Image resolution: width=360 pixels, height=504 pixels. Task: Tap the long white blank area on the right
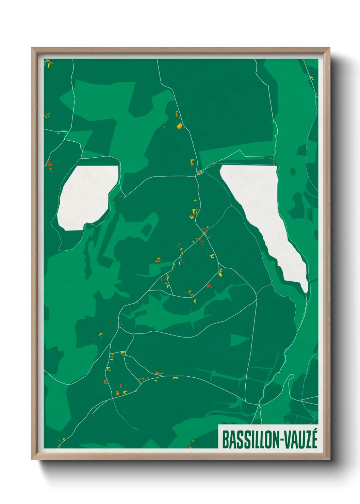pyautogui.click(x=269, y=218)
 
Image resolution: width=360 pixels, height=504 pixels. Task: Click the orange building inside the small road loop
pyautogui.click(x=200, y=173)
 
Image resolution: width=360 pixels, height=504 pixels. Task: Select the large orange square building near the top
pyautogui.click(x=179, y=126)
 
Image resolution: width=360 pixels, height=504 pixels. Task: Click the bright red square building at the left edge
pyautogui.click(x=50, y=164)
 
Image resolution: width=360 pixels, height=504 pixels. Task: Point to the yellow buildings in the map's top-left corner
pyautogui.click(x=49, y=63)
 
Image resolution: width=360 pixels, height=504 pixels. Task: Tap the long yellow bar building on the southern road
pyautogui.click(x=176, y=378)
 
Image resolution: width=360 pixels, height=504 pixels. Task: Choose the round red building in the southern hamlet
pyautogui.click(x=120, y=385)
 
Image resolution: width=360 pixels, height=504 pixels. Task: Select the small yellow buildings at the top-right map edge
pyautogui.click(x=311, y=78)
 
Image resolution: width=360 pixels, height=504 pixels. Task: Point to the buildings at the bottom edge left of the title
pyautogui.click(x=191, y=443)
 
